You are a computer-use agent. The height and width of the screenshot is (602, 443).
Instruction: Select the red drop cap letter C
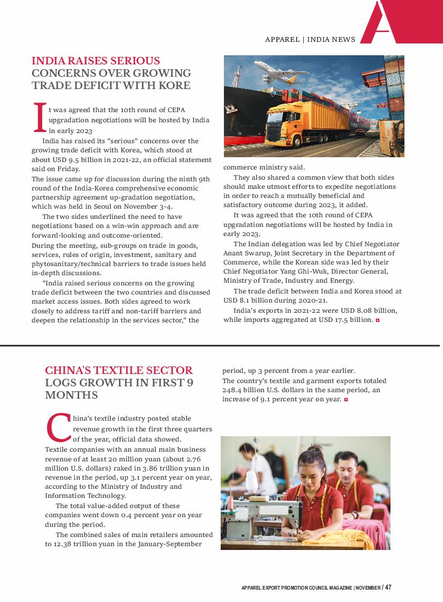tap(58, 428)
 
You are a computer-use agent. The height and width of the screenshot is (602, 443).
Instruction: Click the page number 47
tap(388, 587)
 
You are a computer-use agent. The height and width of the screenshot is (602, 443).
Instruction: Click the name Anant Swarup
tap(244, 253)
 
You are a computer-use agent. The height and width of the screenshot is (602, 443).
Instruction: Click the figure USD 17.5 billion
tap(341, 320)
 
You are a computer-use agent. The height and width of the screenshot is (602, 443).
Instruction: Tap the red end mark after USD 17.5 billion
tap(378, 320)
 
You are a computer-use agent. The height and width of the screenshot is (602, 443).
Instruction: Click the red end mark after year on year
tap(347, 400)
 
